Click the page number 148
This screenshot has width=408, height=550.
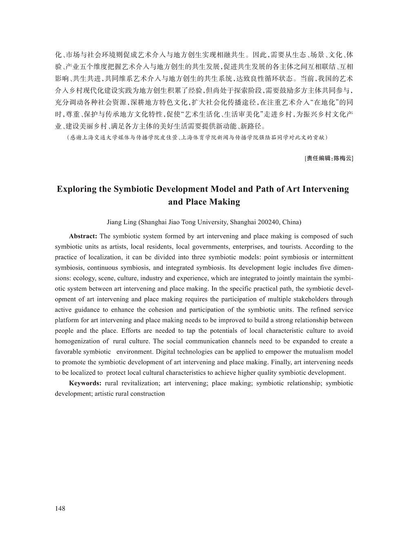tap(60, 508)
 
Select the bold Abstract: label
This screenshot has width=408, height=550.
tap(83, 236)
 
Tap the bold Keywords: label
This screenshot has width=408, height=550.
tap(85, 383)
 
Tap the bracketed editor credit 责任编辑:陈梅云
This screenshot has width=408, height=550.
tap(329, 158)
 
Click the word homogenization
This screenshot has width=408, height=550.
tap(78, 341)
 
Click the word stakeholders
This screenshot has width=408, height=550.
tap(308, 299)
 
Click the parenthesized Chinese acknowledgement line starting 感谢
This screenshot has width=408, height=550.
tap(197, 138)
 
